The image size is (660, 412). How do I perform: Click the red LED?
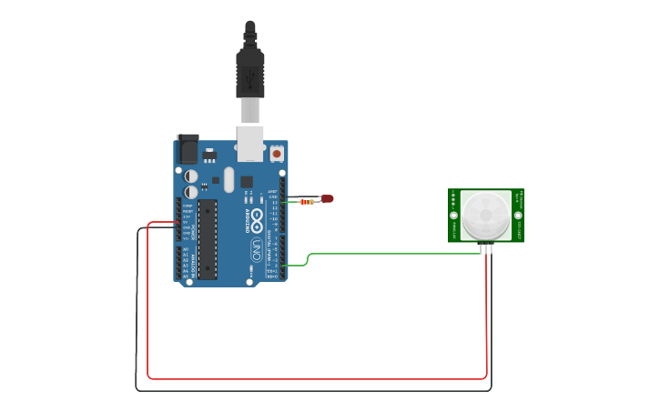tap(327, 198)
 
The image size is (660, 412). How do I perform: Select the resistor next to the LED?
tap(307, 202)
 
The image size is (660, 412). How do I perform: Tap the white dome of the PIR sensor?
tap(485, 216)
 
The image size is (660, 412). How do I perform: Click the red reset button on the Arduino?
tap(277, 154)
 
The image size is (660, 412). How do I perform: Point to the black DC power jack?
tap(188, 148)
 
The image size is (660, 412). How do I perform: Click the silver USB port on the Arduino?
tap(249, 144)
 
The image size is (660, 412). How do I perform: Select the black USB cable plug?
tap(250, 73)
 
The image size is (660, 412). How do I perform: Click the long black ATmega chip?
tap(208, 238)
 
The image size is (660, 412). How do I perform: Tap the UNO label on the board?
tap(257, 249)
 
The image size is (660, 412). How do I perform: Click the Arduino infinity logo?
tap(257, 219)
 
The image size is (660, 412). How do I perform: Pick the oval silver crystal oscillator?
tap(228, 178)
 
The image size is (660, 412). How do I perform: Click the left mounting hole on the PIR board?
tap(453, 216)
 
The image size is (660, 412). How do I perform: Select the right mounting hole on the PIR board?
tap(518, 216)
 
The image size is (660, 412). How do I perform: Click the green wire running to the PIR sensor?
tap(391, 254)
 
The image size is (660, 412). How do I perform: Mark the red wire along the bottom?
tap(319, 377)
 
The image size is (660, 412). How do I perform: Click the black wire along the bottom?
tap(319, 391)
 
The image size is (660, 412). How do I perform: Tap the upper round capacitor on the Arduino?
tap(191, 176)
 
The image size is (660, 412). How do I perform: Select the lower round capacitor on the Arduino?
tap(191, 192)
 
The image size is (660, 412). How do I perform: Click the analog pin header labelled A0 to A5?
tap(178, 262)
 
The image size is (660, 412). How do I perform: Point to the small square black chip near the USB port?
tap(247, 181)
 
